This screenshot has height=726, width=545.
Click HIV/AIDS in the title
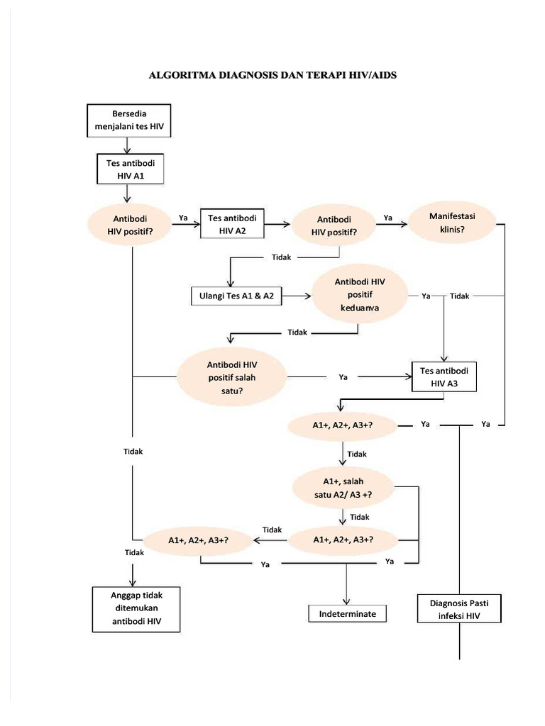(x=370, y=74)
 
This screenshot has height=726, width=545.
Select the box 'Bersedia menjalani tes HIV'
(x=128, y=121)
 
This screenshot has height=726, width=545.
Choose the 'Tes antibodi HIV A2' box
(x=232, y=223)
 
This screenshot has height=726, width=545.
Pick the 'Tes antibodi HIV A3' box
(x=444, y=377)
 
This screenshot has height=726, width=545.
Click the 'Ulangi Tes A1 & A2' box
(x=236, y=296)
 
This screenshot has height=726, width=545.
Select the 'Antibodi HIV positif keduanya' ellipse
(x=360, y=295)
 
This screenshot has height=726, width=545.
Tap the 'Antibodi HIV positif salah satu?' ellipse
(x=231, y=377)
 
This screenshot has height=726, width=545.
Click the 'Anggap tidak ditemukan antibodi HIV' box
(x=136, y=608)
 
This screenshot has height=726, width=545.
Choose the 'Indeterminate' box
(x=347, y=613)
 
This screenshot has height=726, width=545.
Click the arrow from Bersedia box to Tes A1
(x=126, y=145)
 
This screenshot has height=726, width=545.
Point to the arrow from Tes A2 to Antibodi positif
(x=277, y=224)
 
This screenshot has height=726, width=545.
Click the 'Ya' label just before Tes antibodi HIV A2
(x=183, y=218)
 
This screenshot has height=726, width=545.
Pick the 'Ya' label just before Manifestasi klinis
(x=388, y=218)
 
